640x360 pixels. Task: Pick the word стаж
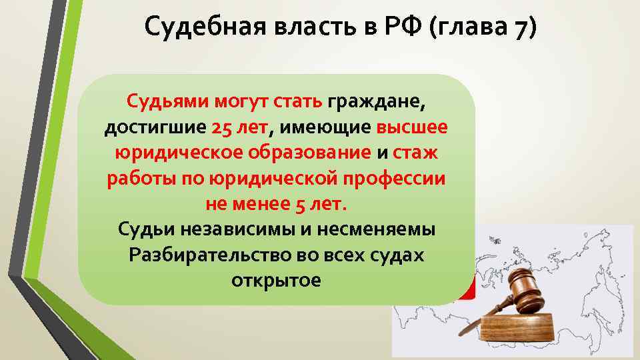415,153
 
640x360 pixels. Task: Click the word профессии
401,178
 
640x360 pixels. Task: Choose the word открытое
276,280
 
